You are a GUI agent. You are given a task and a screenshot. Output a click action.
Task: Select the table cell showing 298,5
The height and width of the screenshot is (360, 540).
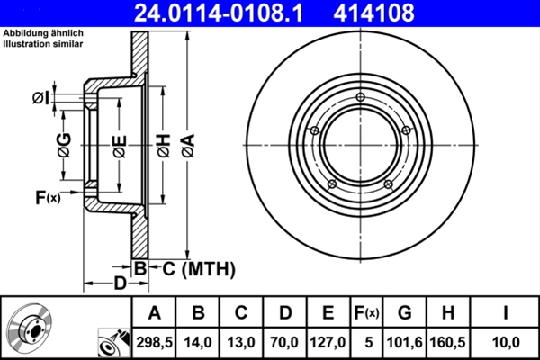[155, 340]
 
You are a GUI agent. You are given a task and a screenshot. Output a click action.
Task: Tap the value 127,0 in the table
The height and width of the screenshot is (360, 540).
[328, 340]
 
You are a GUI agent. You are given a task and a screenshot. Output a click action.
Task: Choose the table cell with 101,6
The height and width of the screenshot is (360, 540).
[405, 340]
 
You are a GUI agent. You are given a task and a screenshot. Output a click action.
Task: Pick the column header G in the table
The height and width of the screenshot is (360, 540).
[405, 313]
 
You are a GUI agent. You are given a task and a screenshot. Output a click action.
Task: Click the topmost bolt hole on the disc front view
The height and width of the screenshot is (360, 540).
[361, 98]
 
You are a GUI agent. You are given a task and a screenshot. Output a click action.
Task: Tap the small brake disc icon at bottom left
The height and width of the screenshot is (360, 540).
[33, 329]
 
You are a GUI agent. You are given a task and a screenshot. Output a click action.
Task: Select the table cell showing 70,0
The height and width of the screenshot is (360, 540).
[284, 340]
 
